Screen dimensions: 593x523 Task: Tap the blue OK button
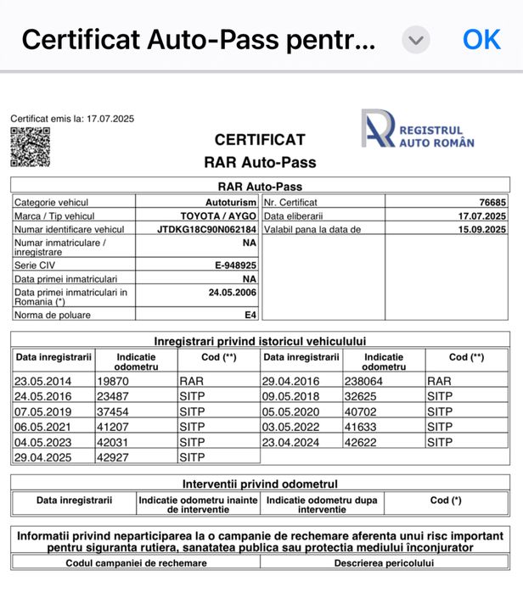481,39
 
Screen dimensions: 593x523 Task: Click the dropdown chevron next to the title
415,40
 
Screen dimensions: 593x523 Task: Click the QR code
30,147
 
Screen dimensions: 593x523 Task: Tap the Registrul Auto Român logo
418,129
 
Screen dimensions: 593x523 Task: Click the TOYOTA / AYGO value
218,215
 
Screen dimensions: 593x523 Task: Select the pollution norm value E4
250,315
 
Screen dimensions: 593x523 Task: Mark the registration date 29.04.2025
42,457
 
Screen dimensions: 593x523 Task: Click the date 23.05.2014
42,381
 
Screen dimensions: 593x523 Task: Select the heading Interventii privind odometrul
261,484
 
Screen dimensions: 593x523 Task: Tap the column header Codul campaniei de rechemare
136,562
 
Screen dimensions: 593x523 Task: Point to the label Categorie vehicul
51,202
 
